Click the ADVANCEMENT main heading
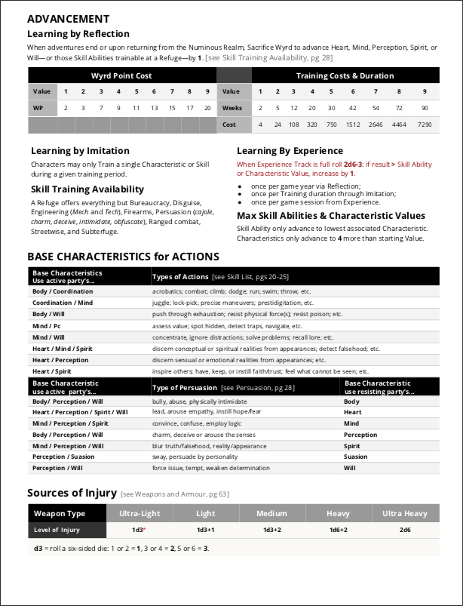tap(68, 19)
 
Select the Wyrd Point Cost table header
tap(121, 75)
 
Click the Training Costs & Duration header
tap(345, 75)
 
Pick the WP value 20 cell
tap(207, 108)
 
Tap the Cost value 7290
tap(425, 125)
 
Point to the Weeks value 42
tap(352, 108)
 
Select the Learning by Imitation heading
tap(80, 150)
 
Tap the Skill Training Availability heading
tap(87, 189)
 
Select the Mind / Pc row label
tap(48, 326)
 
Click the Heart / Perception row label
tap(60, 360)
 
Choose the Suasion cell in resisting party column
tap(356, 457)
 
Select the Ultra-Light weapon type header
tap(140, 513)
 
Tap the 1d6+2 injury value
tap(338, 530)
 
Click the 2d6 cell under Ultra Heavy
tap(404, 530)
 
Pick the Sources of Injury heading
tap(72, 493)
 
